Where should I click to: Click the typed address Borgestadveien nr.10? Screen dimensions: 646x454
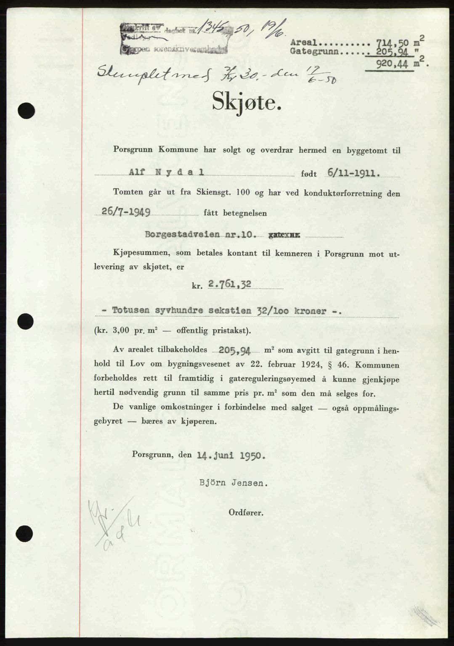click(190, 234)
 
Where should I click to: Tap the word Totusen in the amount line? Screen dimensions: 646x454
click(128, 311)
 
